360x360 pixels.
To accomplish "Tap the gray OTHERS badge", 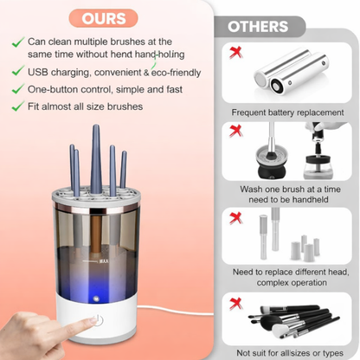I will tap(257, 27).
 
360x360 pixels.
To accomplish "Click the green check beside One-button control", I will tap(17, 88).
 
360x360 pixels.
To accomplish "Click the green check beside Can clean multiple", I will tap(17, 41).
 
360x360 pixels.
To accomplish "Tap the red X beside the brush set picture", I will tap(235, 303).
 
